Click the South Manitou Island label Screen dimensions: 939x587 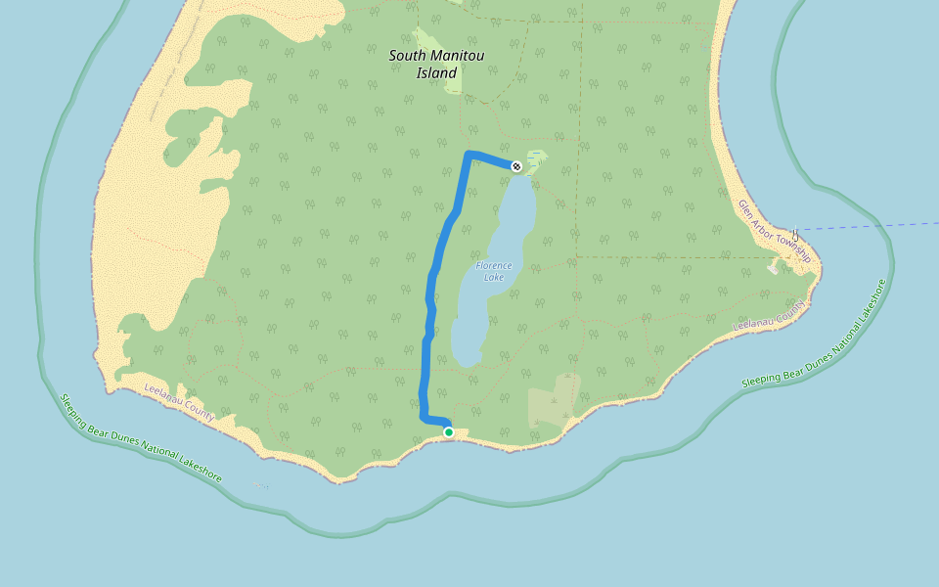pyautogui.click(x=436, y=64)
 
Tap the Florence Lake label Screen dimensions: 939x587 pyautogui.click(x=493, y=271)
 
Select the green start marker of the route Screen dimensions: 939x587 pyautogui.click(x=448, y=431)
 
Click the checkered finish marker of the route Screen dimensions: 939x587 pyautogui.click(x=515, y=166)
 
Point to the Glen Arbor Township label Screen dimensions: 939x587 pyautogui.click(x=774, y=231)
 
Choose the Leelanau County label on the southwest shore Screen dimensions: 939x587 pyautogui.click(x=179, y=402)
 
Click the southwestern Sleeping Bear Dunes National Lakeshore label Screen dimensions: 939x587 pyautogui.click(x=141, y=437)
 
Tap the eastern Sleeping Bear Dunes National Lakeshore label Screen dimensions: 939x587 pyautogui.click(x=814, y=334)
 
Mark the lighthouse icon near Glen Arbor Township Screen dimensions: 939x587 pyautogui.click(x=794, y=235)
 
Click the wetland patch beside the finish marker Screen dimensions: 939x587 pyautogui.click(x=536, y=159)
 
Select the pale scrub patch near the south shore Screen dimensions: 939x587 pyautogui.click(x=552, y=401)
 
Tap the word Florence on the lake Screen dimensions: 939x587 pyautogui.click(x=494, y=265)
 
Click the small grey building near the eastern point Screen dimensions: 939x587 pyautogui.click(x=773, y=266)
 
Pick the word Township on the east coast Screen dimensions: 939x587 pyautogui.click(x=791, y=247)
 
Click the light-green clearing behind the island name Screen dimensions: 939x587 pyautogui.click(x=453, y=83)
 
